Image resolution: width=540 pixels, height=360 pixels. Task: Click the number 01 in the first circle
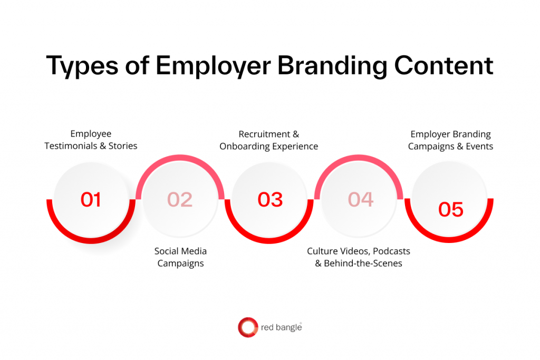pyautogui.click(x=90, y=200)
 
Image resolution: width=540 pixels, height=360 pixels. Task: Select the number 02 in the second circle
pyautogui.click(x=180, y=200)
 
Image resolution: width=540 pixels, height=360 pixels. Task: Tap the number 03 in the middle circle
pyautogui.click(x=270, y=200)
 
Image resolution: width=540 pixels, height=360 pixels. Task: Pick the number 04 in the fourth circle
pyautogui.click(x=361, y=199)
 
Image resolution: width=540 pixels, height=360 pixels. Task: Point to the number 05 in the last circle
pyautogui.click(x=451, y=209)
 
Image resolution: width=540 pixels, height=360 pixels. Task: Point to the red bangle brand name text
pyautogui.click(x=282, y=328)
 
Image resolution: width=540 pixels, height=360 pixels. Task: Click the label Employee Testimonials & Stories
pyautogui.click(x=91, y=140)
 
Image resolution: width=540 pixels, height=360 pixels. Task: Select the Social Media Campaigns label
pyautogui.click(x=180, y=257)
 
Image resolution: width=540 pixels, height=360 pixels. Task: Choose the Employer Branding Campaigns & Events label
pyautogui.click(x=451, y=140)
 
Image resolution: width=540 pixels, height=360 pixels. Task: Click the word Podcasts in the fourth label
pyautogui.click(x=391, y=251)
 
